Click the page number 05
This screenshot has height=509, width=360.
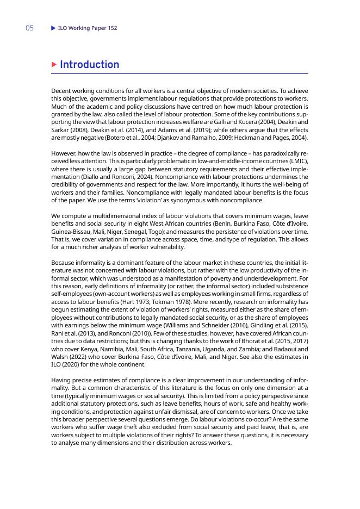pos(29,28)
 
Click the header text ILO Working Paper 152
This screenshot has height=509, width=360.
pos(88,28)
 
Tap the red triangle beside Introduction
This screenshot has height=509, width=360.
pos(54,65)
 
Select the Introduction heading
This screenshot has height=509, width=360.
pos(90,65)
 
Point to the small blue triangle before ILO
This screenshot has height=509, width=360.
pos(53,28)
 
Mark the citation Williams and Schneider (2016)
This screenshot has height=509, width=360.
pos(184,324)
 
